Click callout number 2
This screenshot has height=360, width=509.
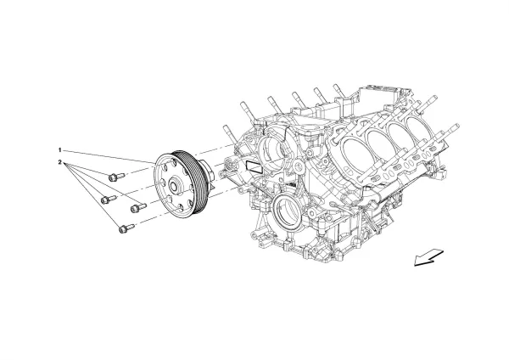click(60, 161)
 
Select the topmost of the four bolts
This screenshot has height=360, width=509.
click(116, 176)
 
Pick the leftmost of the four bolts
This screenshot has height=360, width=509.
click(107, 200)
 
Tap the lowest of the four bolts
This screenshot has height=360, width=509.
click(126, 227)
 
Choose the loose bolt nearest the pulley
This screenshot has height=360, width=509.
click(137, 205)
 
